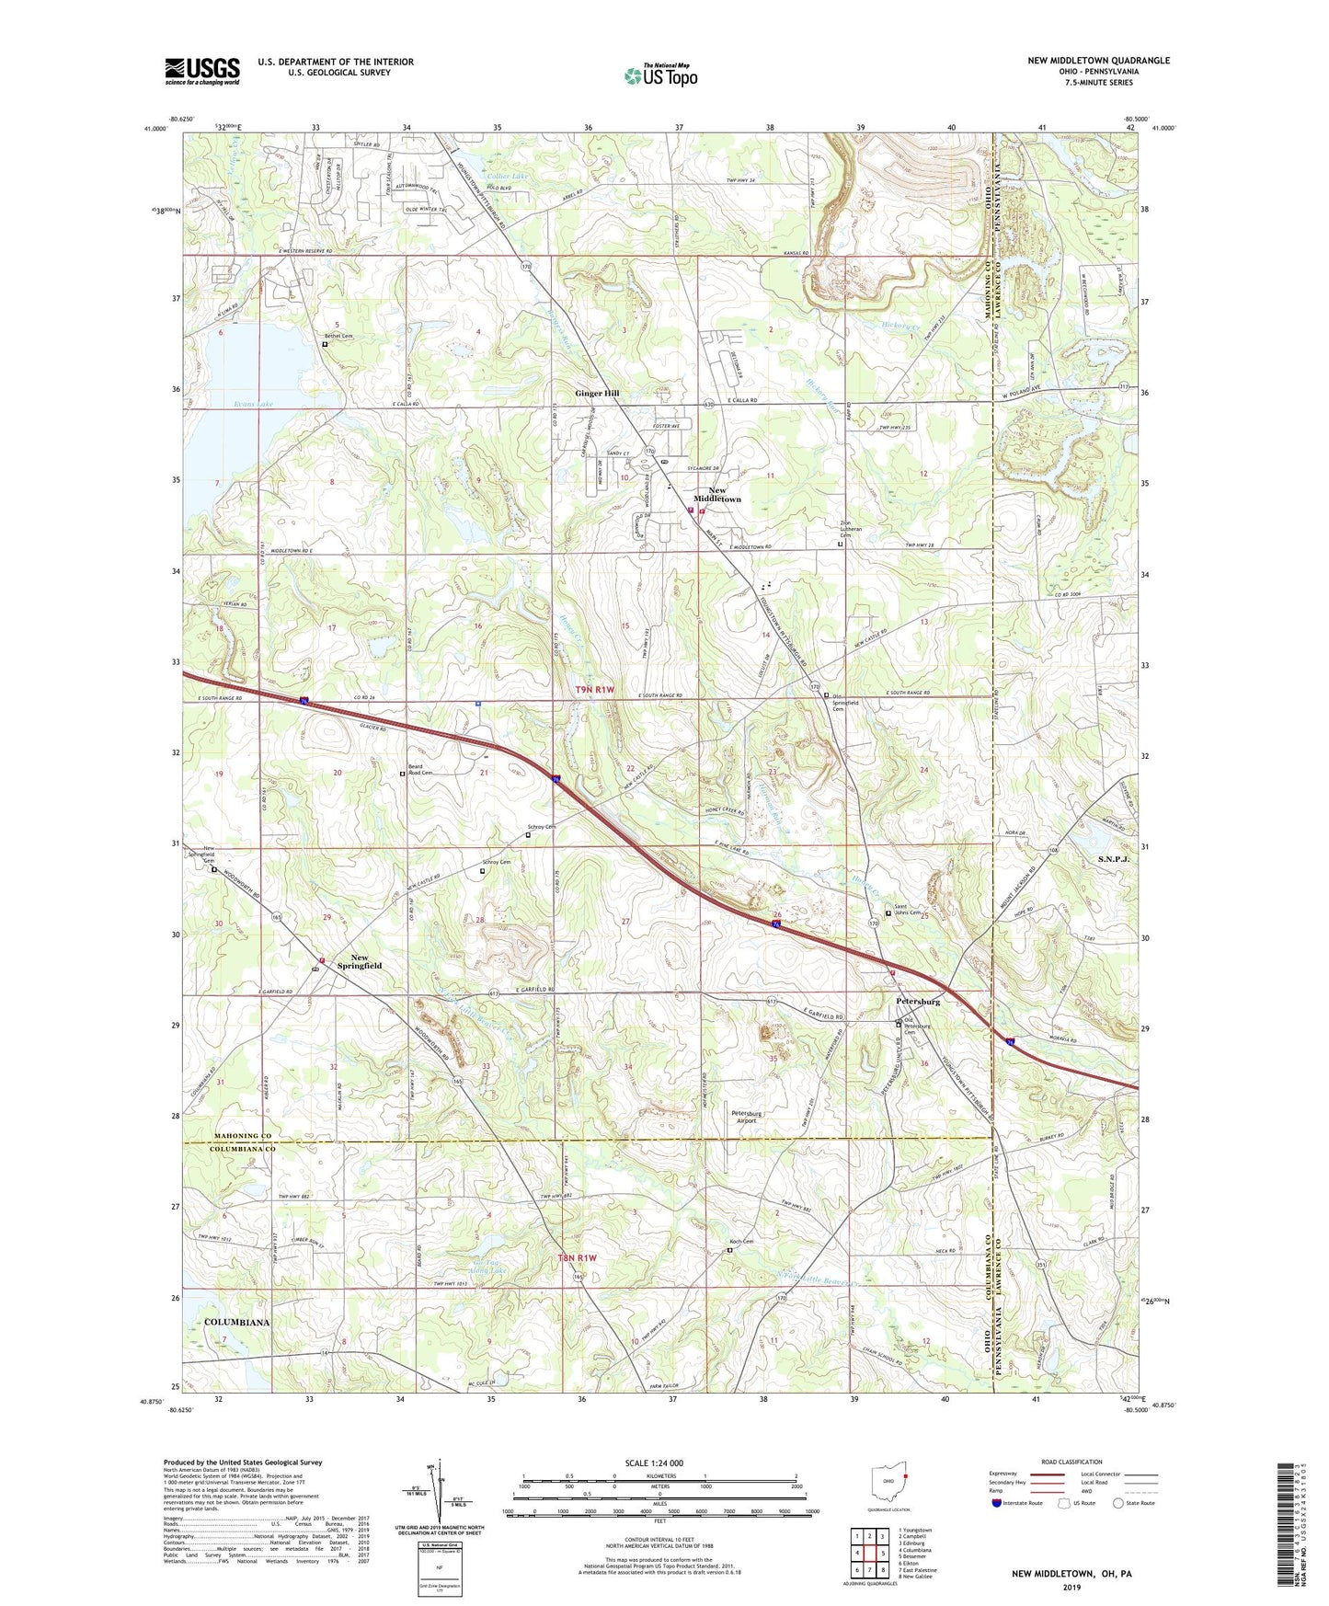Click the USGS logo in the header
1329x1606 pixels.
coord(202,71)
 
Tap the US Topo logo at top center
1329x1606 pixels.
coord(660,75)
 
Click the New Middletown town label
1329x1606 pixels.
coord(717,494)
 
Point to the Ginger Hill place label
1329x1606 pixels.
coord(597,393)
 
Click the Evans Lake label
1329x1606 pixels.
coord(228,405)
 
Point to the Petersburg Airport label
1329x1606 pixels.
coord(746,1117)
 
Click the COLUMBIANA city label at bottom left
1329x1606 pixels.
coord(237,1322)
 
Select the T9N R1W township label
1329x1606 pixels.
coord(594,689)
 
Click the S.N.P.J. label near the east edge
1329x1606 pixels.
coord(1113,858)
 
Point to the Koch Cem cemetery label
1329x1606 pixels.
coord(741,1242)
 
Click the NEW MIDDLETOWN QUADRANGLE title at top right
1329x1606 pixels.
coord(1099,61)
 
